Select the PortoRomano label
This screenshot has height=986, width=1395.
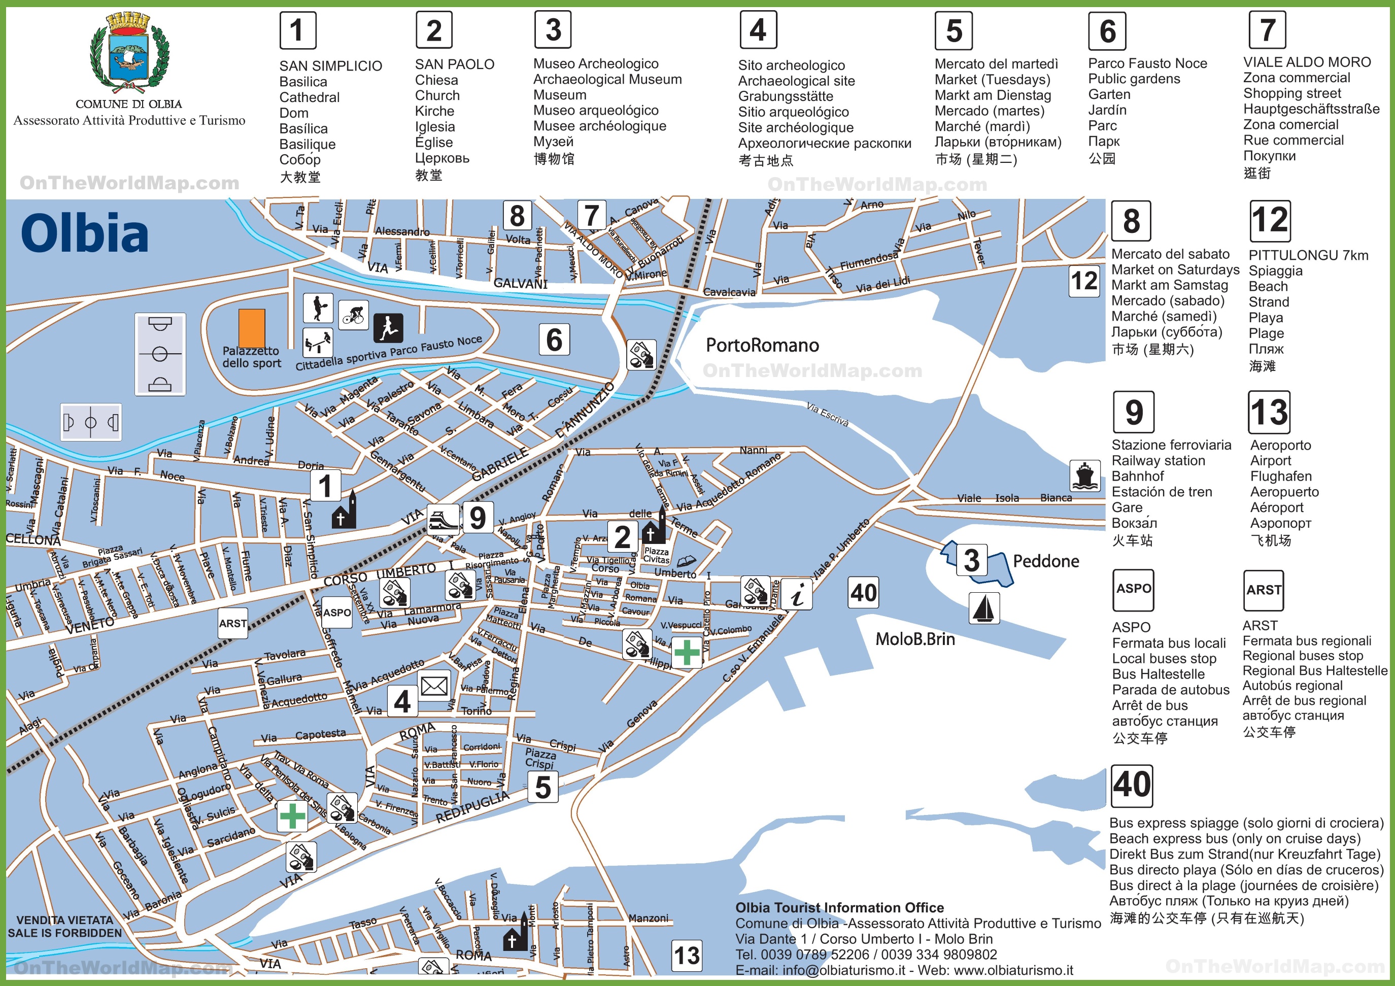[762, 345]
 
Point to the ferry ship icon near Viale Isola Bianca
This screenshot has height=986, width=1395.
[1084, 475]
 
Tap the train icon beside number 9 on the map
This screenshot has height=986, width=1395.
[443, 520]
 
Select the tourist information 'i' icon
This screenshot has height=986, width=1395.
[797, 594]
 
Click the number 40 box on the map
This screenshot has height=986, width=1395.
[863, 592]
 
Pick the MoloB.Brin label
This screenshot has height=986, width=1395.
[914, 639]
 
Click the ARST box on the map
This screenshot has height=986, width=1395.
[233, 623]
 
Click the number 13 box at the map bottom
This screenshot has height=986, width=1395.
[687, 956]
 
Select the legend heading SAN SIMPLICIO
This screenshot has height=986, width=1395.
[330, 65]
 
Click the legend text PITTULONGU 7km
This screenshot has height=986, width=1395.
[1308, 255]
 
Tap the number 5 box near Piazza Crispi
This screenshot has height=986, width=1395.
[542, 788]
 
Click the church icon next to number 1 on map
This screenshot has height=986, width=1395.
[344, 512]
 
